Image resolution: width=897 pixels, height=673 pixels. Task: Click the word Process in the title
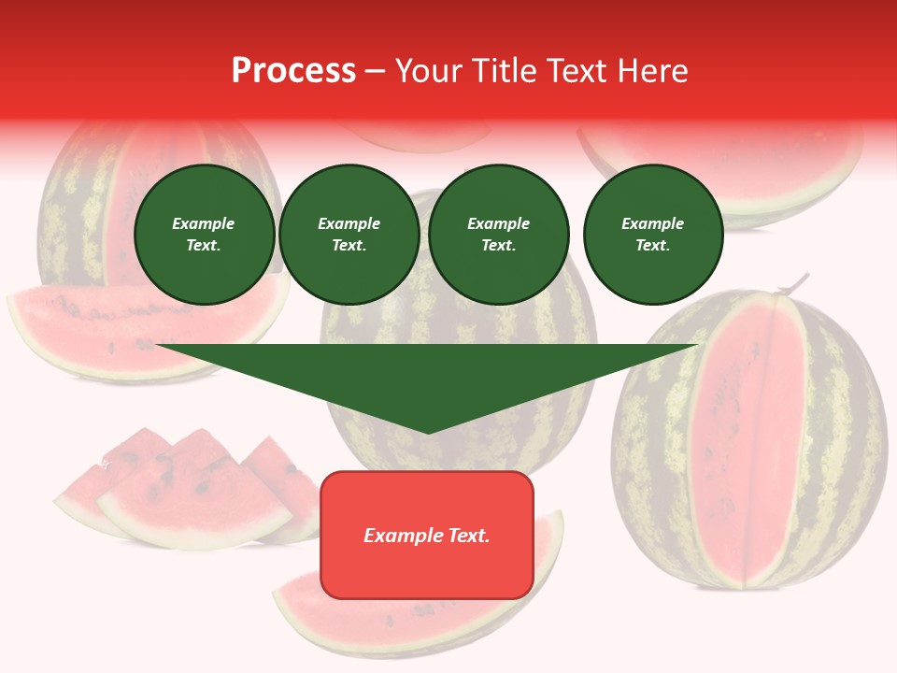coord(293,71)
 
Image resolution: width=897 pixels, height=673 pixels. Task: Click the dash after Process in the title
coord(375,72)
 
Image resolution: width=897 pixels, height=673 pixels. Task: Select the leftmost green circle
coord(204,235)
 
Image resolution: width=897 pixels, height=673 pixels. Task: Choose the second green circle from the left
coord(349,235)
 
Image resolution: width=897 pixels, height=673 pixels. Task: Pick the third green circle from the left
coord(498,235)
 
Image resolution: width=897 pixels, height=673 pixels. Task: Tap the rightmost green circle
coord(652,235)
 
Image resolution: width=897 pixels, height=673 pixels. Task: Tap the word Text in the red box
coord(469,536)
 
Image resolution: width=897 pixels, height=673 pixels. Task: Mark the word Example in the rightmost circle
coord(652,223)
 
